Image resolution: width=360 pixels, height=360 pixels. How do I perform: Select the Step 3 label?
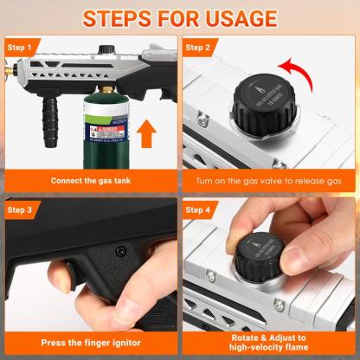point(22,209)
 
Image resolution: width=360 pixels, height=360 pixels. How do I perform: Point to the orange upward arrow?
point(147,135)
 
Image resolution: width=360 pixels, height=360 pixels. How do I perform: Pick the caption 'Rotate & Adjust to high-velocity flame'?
point(269,342)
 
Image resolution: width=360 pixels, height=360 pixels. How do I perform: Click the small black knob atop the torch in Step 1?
point(107,51)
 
